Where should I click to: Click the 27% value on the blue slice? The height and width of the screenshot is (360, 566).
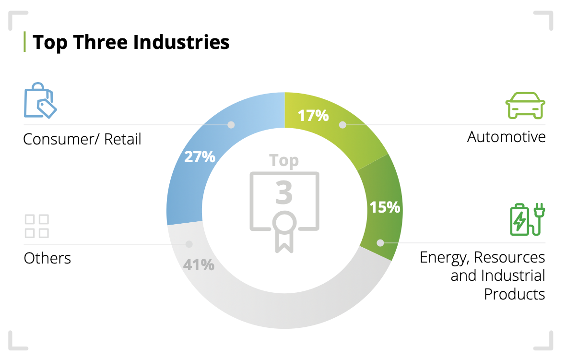point(200,157)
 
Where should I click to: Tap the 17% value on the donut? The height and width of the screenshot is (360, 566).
point(313,116)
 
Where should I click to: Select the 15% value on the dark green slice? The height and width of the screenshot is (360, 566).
point(384,207)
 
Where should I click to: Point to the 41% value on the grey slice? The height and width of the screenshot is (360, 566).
point(199,264)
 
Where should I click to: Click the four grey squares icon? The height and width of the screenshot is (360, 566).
point(37,226)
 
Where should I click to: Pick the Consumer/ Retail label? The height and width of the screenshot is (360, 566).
point(83,139)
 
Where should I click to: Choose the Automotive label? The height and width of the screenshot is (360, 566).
point(506,137)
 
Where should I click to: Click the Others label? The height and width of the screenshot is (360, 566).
point(47,258)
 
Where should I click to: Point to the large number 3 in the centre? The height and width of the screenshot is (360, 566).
point(284,192)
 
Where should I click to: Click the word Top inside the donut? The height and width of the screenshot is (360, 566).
point(284,160)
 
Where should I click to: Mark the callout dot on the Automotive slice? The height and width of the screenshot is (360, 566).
point(342,125)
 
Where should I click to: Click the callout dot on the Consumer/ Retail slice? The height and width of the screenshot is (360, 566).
point(231,125)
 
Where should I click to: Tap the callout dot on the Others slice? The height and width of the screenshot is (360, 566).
point(189,244)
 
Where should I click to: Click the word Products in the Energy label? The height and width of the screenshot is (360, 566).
point(514,293)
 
